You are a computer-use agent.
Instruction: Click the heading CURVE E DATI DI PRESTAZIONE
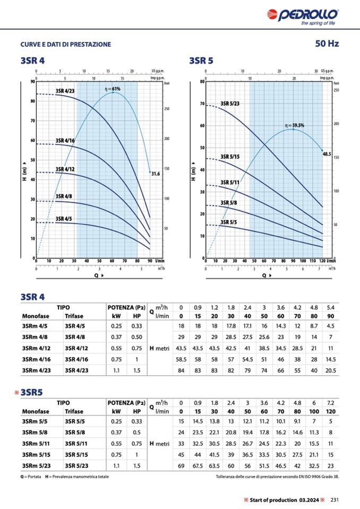[66, 44]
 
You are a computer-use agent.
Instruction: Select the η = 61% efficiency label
[113, 89]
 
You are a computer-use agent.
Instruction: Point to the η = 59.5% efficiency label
[295, 125]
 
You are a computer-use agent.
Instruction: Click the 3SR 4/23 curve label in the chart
[65, 91]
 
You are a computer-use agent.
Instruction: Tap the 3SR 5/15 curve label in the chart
[230, 157]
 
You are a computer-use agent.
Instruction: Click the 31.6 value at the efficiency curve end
[156, 173]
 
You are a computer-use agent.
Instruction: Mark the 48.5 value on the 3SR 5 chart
[327, 153]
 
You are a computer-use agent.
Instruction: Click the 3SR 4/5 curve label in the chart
[63, 218]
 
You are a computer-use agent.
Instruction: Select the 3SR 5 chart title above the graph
[201, 61]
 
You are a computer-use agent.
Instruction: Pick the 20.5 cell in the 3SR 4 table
[330, 370]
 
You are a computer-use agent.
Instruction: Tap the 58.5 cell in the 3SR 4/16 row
[181, 359]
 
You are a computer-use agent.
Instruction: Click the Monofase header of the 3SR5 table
[36, 411]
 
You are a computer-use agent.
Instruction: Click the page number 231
[335, 499]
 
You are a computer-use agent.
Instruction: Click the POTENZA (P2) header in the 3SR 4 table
[126, 307]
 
